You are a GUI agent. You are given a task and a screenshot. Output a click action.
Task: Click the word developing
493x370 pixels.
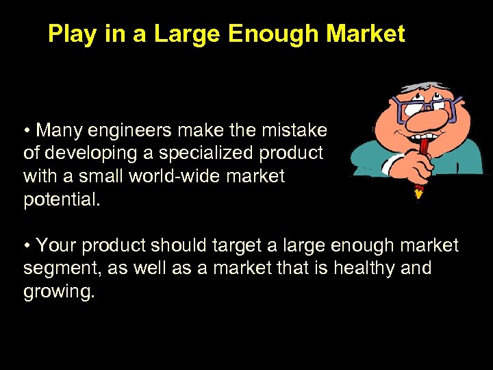click(88, 153)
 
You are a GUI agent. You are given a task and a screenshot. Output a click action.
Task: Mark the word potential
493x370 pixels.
click(62, 199)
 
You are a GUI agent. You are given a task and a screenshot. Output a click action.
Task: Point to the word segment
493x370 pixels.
click(62, 268)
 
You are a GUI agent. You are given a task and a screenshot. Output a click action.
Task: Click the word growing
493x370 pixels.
click(59, 291)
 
